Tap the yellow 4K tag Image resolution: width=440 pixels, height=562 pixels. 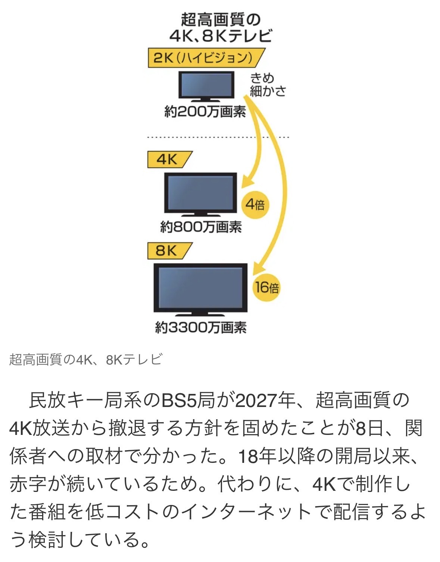point(168,160)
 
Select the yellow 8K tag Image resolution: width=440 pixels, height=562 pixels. point(168,250)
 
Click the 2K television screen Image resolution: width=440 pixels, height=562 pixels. point(206,85)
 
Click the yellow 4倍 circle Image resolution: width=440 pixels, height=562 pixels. point(255,204)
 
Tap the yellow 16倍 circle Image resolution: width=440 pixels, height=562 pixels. point(266,287)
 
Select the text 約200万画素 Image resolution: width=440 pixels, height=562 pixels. point(205,111)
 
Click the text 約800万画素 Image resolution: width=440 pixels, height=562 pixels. point(201,227)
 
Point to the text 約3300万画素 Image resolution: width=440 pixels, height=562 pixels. point(201,328)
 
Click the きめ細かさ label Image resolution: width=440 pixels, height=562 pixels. point(267,85)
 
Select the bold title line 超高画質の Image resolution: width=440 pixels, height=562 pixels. point(220,20)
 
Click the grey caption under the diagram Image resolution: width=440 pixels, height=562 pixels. point(86,360)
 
